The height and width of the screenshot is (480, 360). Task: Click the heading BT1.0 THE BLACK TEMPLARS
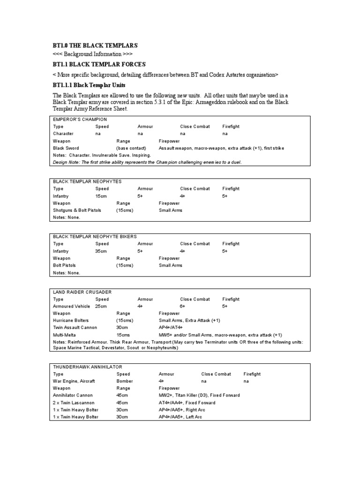95,45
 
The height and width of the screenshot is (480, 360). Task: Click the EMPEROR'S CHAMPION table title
80,119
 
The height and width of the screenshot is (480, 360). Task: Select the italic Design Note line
147,162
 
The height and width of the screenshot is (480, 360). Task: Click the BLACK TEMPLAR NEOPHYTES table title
87,181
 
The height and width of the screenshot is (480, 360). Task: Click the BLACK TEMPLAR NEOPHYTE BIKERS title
95,237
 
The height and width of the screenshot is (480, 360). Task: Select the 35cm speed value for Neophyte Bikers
102,251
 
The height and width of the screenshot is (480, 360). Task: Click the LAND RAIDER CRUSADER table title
82,292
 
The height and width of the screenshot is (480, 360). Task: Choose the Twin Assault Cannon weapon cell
75,328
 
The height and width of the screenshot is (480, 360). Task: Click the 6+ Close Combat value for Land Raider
183,306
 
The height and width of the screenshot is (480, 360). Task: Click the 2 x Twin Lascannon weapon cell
74,403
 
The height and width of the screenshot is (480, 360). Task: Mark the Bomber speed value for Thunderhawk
124,381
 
